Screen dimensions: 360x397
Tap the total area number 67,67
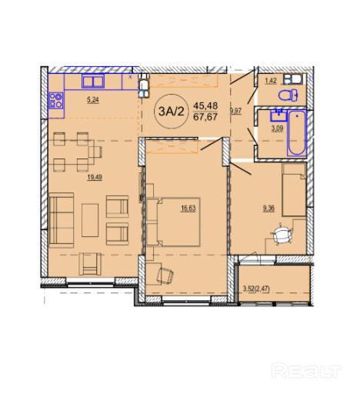pos(205,117)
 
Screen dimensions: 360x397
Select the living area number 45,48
pos(205,105)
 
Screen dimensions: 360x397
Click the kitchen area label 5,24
pos(93,99)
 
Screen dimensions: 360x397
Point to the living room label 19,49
pos(95,177)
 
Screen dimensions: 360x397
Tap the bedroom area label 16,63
pos(188,208)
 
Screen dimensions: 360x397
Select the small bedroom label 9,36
pos(268,209)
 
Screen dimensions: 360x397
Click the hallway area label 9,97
pos(235,111)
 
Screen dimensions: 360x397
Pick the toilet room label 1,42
pos(271,81)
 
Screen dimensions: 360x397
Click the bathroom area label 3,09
pos(277,128)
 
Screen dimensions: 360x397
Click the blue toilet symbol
pos(288,95)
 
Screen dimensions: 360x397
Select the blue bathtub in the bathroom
pos(297,133)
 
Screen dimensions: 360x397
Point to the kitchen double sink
pos(93,81)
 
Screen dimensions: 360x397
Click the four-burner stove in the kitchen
pos(56,100)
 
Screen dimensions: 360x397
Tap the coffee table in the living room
pos(90,220)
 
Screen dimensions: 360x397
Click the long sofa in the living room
pos(62,220)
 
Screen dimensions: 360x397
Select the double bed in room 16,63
pos(174,222)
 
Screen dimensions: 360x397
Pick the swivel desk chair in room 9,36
pos(282,235)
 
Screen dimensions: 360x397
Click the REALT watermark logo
pos(306,370)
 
